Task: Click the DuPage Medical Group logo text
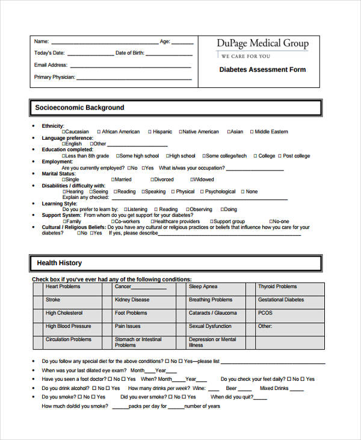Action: click(262, 43)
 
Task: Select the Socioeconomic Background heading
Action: click(79, 108)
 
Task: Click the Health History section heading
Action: click(59, 263)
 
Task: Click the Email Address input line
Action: click(132, 65)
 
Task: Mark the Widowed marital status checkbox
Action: click(191, 180)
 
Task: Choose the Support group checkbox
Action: click(210, 222)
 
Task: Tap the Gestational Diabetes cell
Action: click(290, 300)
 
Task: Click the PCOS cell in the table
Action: click(290, 313)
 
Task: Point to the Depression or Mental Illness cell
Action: click(219, 342)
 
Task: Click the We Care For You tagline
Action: click(245, 56)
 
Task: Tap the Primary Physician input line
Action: click(135, 78)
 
